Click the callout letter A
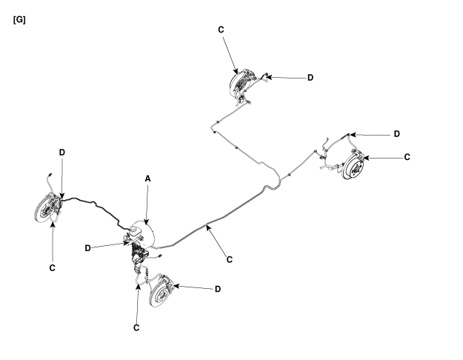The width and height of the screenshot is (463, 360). (x=147, y=179)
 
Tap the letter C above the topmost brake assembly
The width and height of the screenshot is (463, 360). (x=221, y=30)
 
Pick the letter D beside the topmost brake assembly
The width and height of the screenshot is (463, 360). (x=310, y=77)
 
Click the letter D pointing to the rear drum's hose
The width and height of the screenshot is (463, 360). (x=397, y=134)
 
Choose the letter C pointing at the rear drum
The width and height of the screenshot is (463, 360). (x=407, y=157)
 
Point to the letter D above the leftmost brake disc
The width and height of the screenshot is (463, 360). (x=62, y=152)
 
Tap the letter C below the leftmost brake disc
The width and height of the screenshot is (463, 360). (x=52, y=266)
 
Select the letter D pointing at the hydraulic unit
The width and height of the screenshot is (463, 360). (x=89, y=247)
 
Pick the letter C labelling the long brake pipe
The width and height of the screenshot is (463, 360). (x=230, y=259)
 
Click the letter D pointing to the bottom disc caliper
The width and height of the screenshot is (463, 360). (x=217, y=289)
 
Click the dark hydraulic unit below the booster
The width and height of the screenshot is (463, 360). (x=138, y=256)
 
